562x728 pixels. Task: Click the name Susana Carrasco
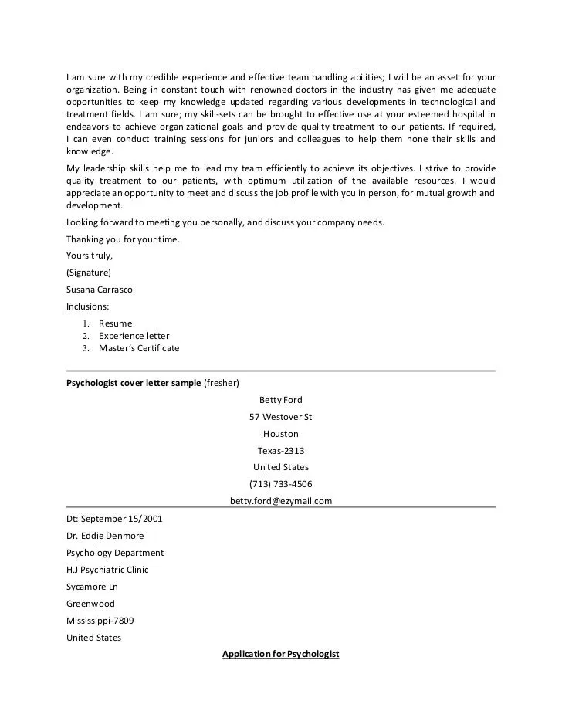pyautogui.click(x=100, y=290)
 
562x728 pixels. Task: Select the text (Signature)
pyautogui.click(x=89, y=273)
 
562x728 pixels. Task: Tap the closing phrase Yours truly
pyautogui.click(x=90, y=256)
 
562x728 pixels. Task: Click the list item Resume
pyautogui.click(x=115, y=323)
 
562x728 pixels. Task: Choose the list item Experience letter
pyautogui.click(x=134, y=336)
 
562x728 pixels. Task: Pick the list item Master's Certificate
pyautogui.click(x=138, y=348)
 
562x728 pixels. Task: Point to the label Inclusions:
pyautogui.click(x=88, y=306)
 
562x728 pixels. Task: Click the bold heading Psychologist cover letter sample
pyautogui.click(x=134, y=383)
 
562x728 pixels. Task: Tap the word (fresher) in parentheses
pyautogui.click(x=222, y=383)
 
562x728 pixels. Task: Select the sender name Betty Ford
pyautogui.click(x=281, y=400)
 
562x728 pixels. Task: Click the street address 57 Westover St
pyautogui.click(x=281, y=417)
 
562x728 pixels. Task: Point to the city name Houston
pyautogui.click(x=281, y=434)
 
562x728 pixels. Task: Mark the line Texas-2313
pyautogui.click(x=281, y=450)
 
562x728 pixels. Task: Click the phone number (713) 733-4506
pyautogui.click(x=281, y=484)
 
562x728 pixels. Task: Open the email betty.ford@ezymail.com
pyautogui.click(x=281, y=501)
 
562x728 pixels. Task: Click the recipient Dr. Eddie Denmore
pyautogui.click(x=105, y=536)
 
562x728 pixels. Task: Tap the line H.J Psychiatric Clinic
pyautogui.click(x=107, y=570)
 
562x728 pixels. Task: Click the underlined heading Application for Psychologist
pyautogui.click(x=281, y=655)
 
